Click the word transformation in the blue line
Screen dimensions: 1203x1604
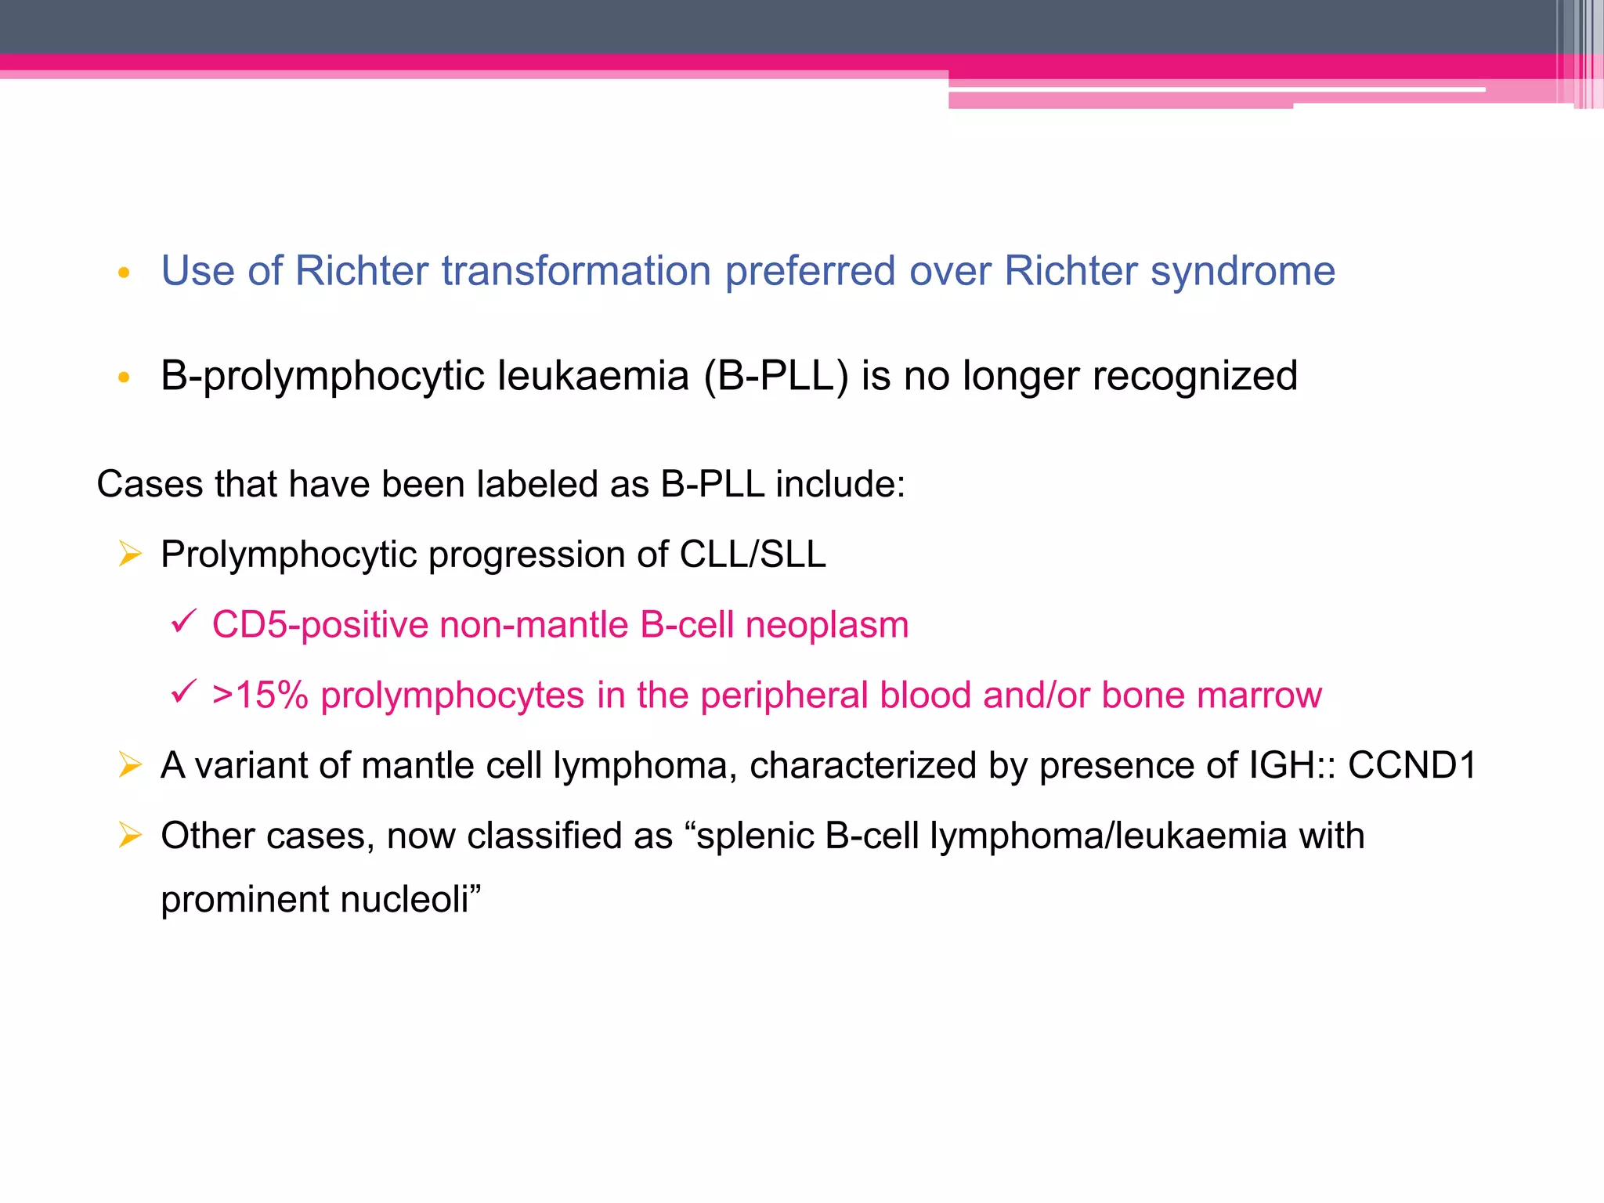click(x=578, y=272)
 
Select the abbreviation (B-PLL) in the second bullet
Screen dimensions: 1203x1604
click(x=775, y=377)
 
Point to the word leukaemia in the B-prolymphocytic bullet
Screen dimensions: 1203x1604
click(x=593, y=377)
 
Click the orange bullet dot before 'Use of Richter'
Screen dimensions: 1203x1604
click(x=123, y=273)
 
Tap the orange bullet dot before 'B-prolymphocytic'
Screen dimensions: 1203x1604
click(x=123, y=378)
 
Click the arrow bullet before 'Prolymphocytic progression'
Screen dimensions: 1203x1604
click(x=130, y=555)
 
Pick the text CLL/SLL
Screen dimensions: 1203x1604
click(x=753, y=555)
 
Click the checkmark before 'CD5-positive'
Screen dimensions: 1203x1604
click(x=182, y=622)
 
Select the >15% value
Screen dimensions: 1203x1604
click(x=260, y=695)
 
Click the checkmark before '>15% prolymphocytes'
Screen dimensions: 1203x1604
click(x=182, y=692)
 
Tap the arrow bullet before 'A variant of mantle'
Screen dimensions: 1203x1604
click(x=130, y=764)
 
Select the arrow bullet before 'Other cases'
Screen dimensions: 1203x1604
click(x=130, y=835)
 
